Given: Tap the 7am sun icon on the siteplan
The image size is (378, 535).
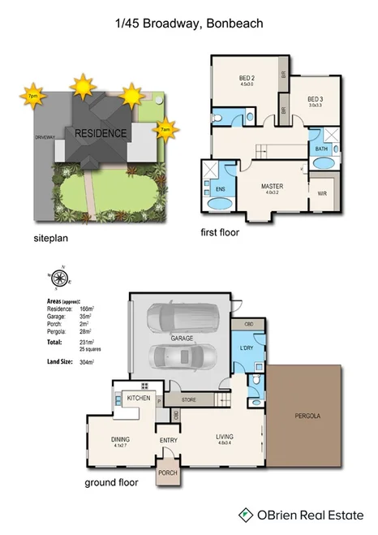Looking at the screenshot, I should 166,128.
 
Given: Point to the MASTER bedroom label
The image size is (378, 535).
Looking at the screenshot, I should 272,186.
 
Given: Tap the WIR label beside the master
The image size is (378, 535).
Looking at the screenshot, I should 322,193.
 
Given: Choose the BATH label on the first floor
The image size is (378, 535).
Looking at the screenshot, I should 321,149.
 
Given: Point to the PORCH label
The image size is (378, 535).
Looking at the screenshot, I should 167,472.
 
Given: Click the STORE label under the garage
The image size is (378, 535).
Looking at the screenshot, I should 189,399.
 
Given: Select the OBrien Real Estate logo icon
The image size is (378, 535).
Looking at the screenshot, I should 244,514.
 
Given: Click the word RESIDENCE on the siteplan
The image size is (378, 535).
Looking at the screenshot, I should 101,133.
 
